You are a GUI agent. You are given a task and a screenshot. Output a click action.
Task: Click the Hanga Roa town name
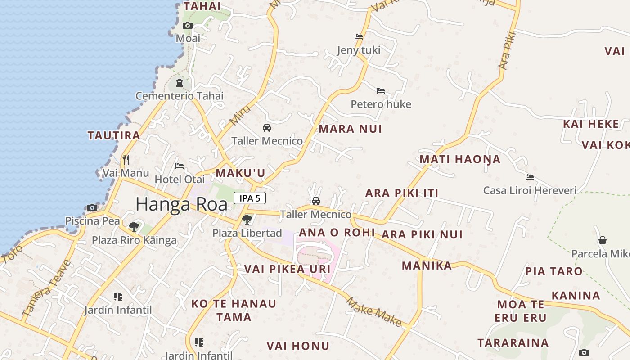[181, 204]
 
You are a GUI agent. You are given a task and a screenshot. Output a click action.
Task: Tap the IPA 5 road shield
[250, 198]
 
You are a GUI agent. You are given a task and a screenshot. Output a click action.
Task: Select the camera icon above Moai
[188, 26]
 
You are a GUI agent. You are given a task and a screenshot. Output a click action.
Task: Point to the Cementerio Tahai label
[180, 96]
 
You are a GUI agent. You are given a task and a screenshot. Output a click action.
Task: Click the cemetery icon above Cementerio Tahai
[180, 83]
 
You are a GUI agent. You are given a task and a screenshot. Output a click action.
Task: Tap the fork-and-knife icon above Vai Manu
[126, 160]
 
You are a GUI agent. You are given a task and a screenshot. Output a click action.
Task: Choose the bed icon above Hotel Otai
[180, 166]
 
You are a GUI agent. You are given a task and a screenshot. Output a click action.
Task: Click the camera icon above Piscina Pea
[92, 207]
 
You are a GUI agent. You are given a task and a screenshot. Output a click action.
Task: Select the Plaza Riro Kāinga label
[134, 240]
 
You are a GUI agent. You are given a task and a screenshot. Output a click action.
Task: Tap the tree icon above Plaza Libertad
[247, 220]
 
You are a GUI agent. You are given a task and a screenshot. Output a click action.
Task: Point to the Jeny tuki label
[359, 50]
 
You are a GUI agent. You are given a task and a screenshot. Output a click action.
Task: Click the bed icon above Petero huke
[381, 91]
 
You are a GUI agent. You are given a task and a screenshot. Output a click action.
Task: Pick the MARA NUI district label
[351, 129]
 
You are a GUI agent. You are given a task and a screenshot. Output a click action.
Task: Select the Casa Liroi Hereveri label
[530, 190]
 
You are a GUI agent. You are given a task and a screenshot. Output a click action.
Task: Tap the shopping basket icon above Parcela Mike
[603, 241]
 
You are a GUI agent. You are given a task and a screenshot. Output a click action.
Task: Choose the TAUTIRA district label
[114, 135]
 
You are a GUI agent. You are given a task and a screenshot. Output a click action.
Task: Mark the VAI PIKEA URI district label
[287, 269]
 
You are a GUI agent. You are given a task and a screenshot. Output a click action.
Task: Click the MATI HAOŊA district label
[460, 159]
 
